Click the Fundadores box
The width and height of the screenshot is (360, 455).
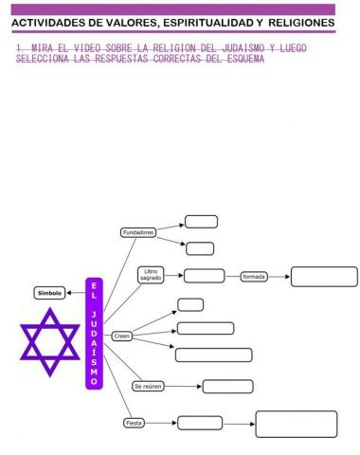click(x=137, y=232)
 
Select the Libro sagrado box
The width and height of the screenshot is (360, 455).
click(x=150, y=275)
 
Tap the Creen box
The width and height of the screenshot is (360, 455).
click(x=121, y=336)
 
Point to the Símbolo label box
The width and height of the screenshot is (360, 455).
click(x=50, y=293)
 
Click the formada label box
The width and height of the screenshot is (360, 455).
click(x=254, y=277)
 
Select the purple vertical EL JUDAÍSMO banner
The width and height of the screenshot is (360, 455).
click(x=93, y=347)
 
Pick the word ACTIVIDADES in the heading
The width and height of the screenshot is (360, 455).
click(x=47, y=21)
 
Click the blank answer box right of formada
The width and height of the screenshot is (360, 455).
click(x=324, y=277)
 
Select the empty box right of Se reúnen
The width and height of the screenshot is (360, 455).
click(x=227, y=387)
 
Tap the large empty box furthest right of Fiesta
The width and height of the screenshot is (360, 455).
click(x=296, y=424)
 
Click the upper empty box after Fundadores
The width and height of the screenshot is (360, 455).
click(x=201, y=222)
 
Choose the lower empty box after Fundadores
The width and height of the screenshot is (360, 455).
click(x=200, y=248)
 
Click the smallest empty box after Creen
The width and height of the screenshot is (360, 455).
click(x=190, y=304)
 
